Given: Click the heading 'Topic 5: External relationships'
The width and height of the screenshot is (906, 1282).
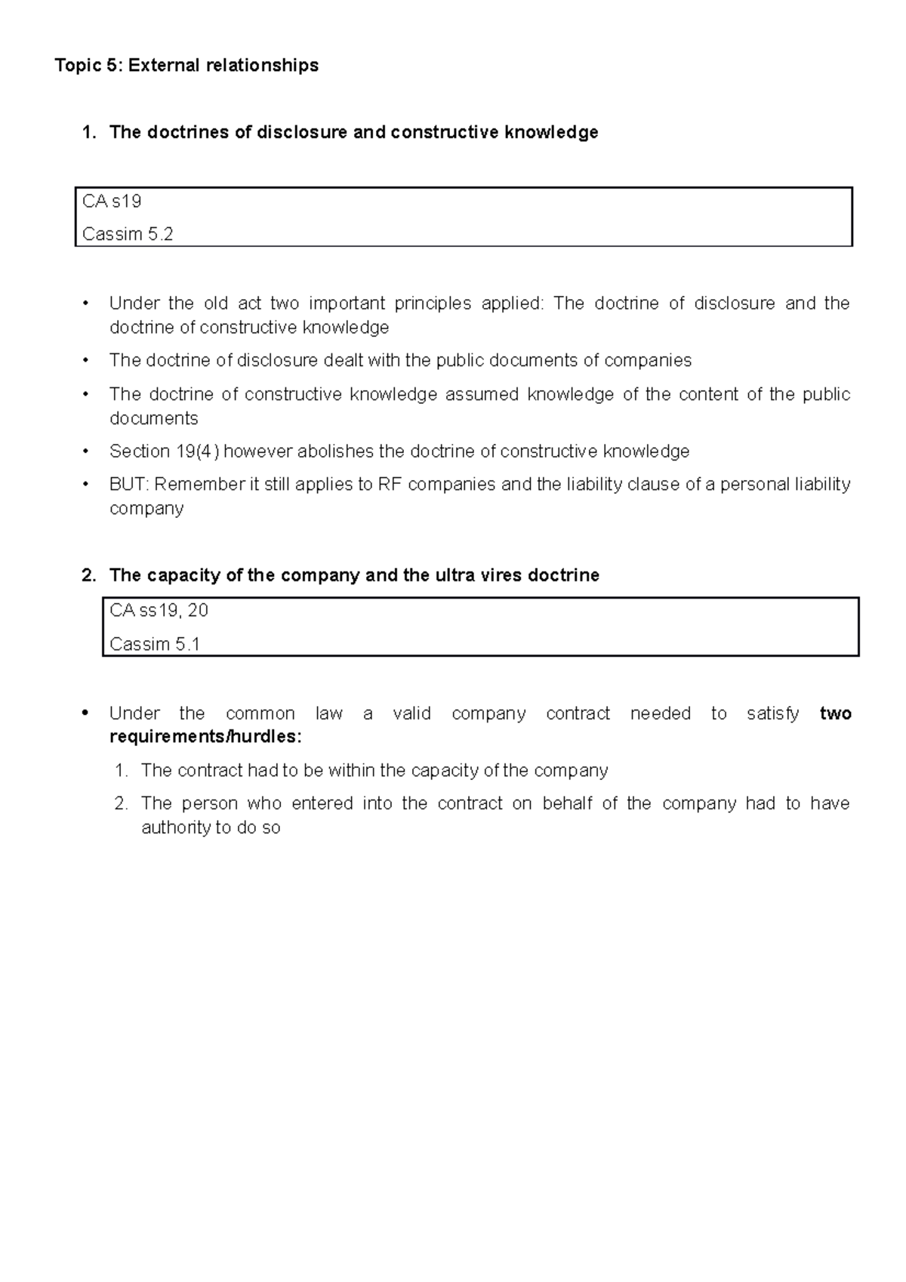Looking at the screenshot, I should (186, 66).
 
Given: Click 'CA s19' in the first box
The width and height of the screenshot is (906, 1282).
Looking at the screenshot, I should (112, 201).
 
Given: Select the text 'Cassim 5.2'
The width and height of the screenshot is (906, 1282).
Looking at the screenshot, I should (128, 234).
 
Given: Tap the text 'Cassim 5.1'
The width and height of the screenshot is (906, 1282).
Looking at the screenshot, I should (155, 644).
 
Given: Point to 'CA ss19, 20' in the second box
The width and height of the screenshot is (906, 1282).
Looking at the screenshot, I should (159, 610).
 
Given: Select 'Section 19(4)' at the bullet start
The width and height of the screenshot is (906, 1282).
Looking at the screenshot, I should (164, 451).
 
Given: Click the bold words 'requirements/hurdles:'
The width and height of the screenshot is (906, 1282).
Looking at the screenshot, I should (205, 737).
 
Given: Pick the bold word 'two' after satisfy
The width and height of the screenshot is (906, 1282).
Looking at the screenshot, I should (835, 713).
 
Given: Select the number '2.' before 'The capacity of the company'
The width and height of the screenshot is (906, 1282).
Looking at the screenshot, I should (89, 575).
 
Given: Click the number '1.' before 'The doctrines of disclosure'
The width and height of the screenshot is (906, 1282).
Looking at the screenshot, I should (89, 132).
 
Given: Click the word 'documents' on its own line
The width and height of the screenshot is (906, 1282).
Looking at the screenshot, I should (154, 418).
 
